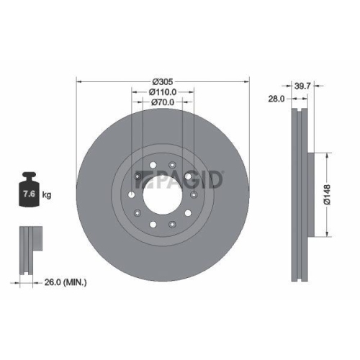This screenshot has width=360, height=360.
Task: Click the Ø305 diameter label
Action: tap(163, 80)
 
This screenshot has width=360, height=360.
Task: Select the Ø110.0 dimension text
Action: tap(163, 91)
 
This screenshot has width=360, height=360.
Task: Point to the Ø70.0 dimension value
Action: tap(163, 103)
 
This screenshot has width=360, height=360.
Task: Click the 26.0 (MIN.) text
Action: tap(63, 283)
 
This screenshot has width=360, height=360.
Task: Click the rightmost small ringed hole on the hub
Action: tap(195, 194)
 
